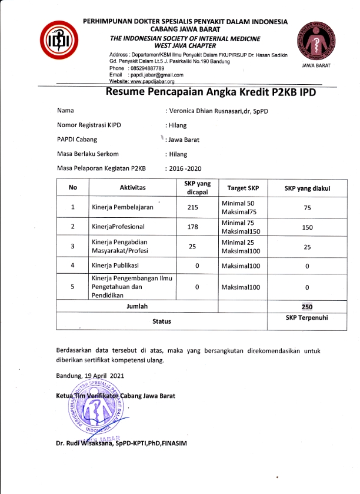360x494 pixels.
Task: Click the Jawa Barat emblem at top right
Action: click(x=316, y=41)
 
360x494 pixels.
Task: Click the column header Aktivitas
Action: click(x=132, y=188)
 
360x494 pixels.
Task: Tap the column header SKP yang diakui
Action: click(x=306, y=188)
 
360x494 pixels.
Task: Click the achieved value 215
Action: click(x=192, y=207)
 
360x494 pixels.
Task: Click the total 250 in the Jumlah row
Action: click(x=306, y=307)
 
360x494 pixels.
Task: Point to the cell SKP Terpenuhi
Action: click(x=306, y=317)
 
